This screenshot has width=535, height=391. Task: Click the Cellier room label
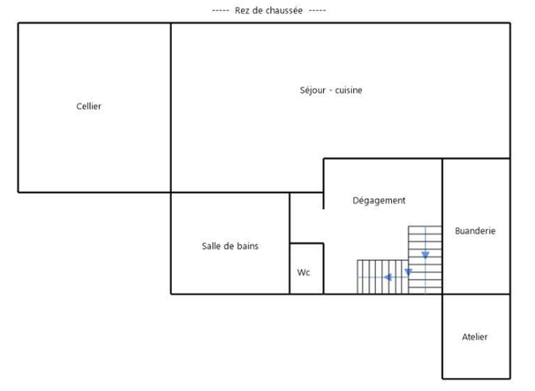click(x=88, y=106)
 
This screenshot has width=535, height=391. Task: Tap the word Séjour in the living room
click(x=312, y=90)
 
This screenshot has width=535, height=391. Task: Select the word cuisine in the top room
click(x=348, y=90)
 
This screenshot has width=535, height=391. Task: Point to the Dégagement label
click(x=379, y=200)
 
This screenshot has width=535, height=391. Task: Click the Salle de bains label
click(x=230, y=246)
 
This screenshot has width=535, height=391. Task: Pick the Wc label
click(x=304, y=272)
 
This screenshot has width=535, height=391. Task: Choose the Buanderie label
click(x=475, y=231)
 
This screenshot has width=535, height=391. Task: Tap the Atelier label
click(x=475, y=336)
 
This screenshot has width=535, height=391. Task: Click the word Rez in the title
click(x=243, y=10)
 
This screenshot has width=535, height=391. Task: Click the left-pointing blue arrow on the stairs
click(x=389, y=277)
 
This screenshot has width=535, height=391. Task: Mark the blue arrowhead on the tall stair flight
click(x=425, y=256)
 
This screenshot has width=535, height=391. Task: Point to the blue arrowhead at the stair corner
click(x=409, y=271)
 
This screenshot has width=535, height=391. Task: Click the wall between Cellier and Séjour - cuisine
click(x=171, y=107)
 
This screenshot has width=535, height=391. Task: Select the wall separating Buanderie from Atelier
click(x=476, y=294)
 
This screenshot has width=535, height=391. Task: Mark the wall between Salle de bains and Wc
click(x=290, y=268)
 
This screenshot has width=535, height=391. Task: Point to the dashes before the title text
click(x=220, y=10)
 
